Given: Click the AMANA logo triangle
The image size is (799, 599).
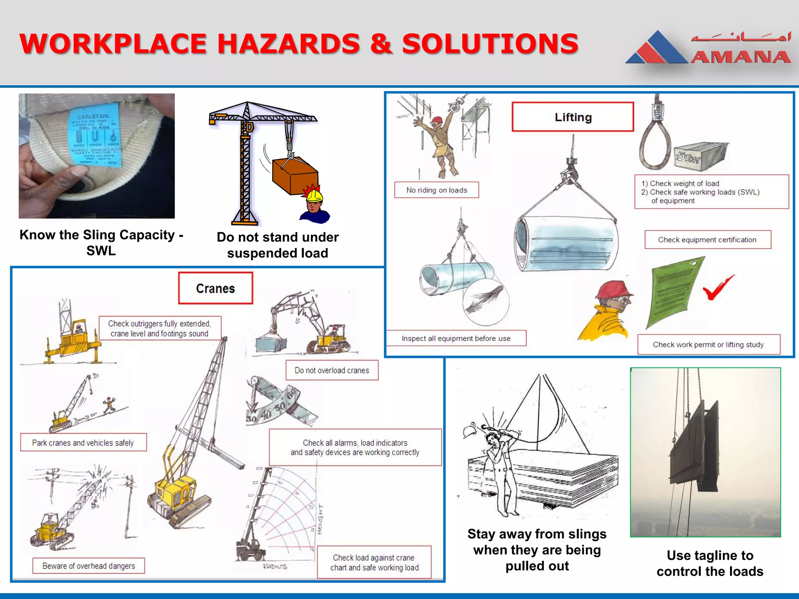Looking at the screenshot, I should pyautogui.click(x=657, y=49).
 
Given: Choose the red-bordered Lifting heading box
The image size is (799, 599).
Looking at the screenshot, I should pyautogui.click(x=573, y=117).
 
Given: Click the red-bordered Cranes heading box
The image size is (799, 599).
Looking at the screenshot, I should pyautogui.click(x=215, y=289).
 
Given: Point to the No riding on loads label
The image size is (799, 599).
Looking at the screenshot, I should pyautogui.click(x=437, y=190).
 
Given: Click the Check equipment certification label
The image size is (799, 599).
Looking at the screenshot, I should pyautogui.click(x=707, y=240).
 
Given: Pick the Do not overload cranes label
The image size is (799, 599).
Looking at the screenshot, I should pyautogui.click(x=332, y=370).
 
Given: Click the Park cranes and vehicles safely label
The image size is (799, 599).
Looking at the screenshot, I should pyautogui.click(x=83, y=443).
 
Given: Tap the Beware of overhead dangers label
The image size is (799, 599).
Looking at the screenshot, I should pyautogui.click(x=89, y=566).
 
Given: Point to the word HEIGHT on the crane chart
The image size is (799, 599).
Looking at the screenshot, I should pyautogui.click(x=320, y=519).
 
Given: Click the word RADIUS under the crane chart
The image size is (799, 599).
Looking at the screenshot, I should pyautogui.click(x=275, y=567).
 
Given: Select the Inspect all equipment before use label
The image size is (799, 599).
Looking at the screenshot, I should pyautogui.click(x=456, y=338).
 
